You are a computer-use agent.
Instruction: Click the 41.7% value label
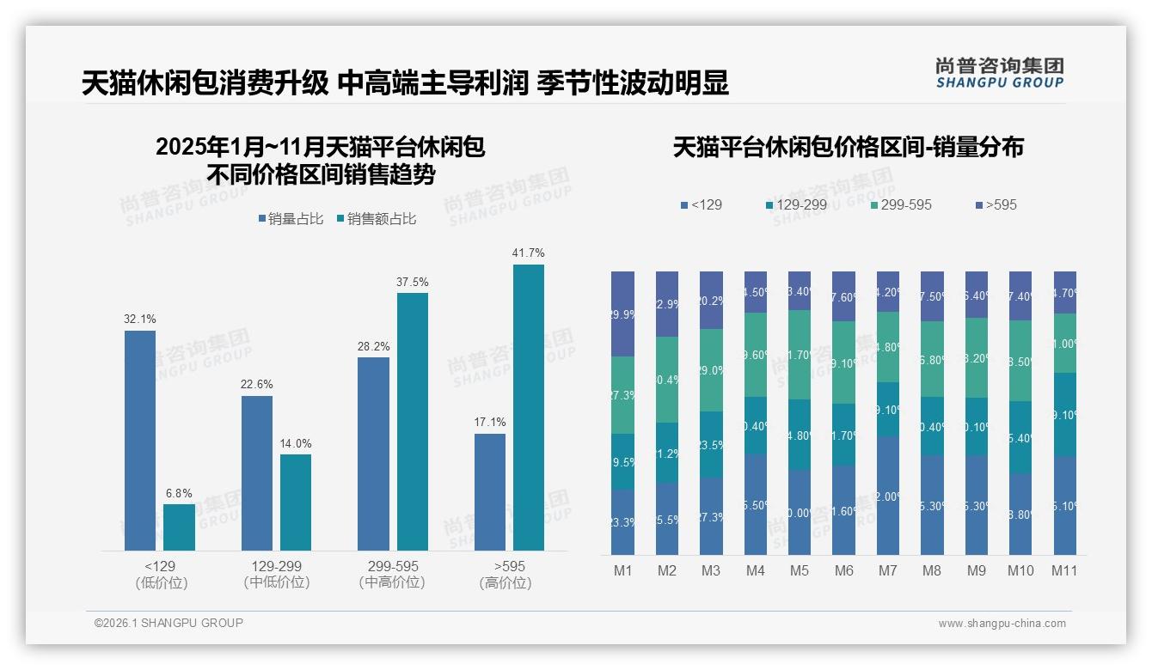click(528, 253)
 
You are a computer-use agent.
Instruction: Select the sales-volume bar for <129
click(140, 440)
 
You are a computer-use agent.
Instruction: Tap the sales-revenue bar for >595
click(528, 407)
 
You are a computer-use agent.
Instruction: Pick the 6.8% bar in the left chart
click(179, 527)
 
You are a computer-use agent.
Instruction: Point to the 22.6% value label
click(256, 385)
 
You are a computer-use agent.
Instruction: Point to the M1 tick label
click(622, 570)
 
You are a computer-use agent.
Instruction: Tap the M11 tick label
click(1065, 570)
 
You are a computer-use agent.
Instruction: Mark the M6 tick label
click(843, 570)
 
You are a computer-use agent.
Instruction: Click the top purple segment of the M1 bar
click(622, 314)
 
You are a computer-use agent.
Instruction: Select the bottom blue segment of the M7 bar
click(888, 495)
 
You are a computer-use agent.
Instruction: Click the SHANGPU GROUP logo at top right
click(999, 73)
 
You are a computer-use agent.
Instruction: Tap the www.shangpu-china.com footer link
click(1002, 624)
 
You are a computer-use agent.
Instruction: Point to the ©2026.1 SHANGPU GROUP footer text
click(169, 623)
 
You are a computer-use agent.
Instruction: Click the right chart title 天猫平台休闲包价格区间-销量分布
click(848, 147)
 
